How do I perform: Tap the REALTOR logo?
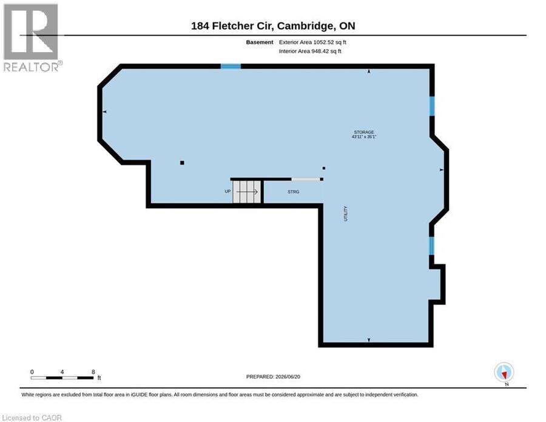[32, 38]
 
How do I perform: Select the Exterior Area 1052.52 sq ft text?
[312, 42]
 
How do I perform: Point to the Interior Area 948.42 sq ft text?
[310, 51]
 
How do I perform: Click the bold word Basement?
[260, 42]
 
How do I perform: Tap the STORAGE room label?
[364, 132]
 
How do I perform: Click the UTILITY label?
[346, 214]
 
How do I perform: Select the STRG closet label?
[293, 192]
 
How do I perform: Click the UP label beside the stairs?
[227, 191]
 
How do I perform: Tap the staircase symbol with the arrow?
[246, 192]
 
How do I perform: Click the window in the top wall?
[231, 66]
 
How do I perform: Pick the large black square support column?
[182, 163]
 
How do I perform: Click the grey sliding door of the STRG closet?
[305, 179]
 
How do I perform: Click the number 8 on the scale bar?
[93, 372]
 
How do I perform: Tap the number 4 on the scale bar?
[62, 372]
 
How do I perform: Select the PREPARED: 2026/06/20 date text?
[273, 376]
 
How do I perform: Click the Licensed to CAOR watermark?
[32, 418]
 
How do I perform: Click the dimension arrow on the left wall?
[104, 112]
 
